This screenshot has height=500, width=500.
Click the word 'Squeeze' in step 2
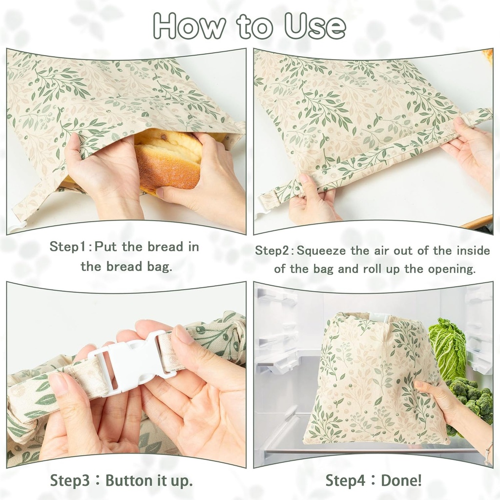pyautogui.click(x=322, y=251)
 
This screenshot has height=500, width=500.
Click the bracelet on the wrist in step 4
pyautogui.click(x=488, y=454)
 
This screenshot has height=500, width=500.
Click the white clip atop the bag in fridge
pyautogui.click(x=378, y=318)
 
